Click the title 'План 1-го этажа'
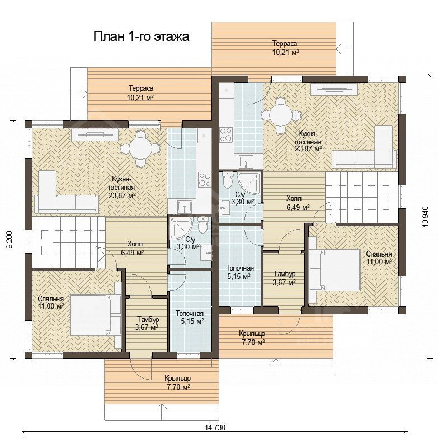tap(141, 37)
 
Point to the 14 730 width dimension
tap(215, 427)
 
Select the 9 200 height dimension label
tap(10, 240)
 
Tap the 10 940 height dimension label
tap(426, 216)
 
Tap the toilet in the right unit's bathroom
tap(228, 179)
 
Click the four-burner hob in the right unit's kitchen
tap(226, 134)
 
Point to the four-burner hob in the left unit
tap(205, 179)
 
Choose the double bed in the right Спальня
tap(335, 270)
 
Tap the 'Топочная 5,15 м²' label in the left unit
tap(190, 318)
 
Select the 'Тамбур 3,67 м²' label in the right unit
tap(285, 278)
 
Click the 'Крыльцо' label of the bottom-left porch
tap(178, 378)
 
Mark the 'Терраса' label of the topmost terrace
tap(285, 44)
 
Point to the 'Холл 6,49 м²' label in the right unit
tap(298, 203)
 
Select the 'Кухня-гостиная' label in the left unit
tap(123, 183)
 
